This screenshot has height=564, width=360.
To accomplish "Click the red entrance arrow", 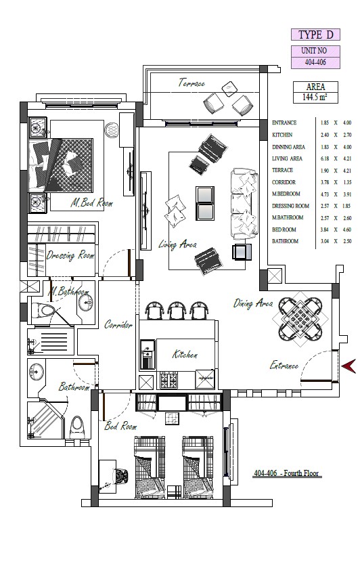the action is [349, 366].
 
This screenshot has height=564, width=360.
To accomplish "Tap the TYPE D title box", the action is [315, 35].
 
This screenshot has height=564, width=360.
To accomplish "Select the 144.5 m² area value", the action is [315, 97].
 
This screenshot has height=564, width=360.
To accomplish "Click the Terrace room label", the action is [192, 83].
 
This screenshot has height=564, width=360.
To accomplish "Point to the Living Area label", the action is [177, 244].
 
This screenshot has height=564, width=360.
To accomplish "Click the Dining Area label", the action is [253, 303].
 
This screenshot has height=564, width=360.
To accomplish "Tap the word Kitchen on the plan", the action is [185, 354].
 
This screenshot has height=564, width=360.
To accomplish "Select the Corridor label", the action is [118, 325].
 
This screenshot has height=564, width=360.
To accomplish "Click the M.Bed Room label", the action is [92, 203].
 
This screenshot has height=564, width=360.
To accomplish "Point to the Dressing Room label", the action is [70, 255].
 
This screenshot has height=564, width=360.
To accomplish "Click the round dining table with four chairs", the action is [300, 319].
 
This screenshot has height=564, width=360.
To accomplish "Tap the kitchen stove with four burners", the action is [168, 380].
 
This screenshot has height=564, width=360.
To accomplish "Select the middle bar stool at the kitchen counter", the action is [177, 310].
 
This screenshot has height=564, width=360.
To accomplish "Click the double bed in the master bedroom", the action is [61, 165].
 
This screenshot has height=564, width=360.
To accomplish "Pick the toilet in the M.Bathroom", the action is [42, 311].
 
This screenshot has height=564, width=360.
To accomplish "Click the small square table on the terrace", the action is [229, 89].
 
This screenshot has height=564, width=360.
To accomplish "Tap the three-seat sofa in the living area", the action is [244, 204].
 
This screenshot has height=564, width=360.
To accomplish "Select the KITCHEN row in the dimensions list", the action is [311, 135].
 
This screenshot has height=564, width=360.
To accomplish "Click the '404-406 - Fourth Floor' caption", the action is [287, 473].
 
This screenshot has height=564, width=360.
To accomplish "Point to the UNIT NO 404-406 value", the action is [315, 62].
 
